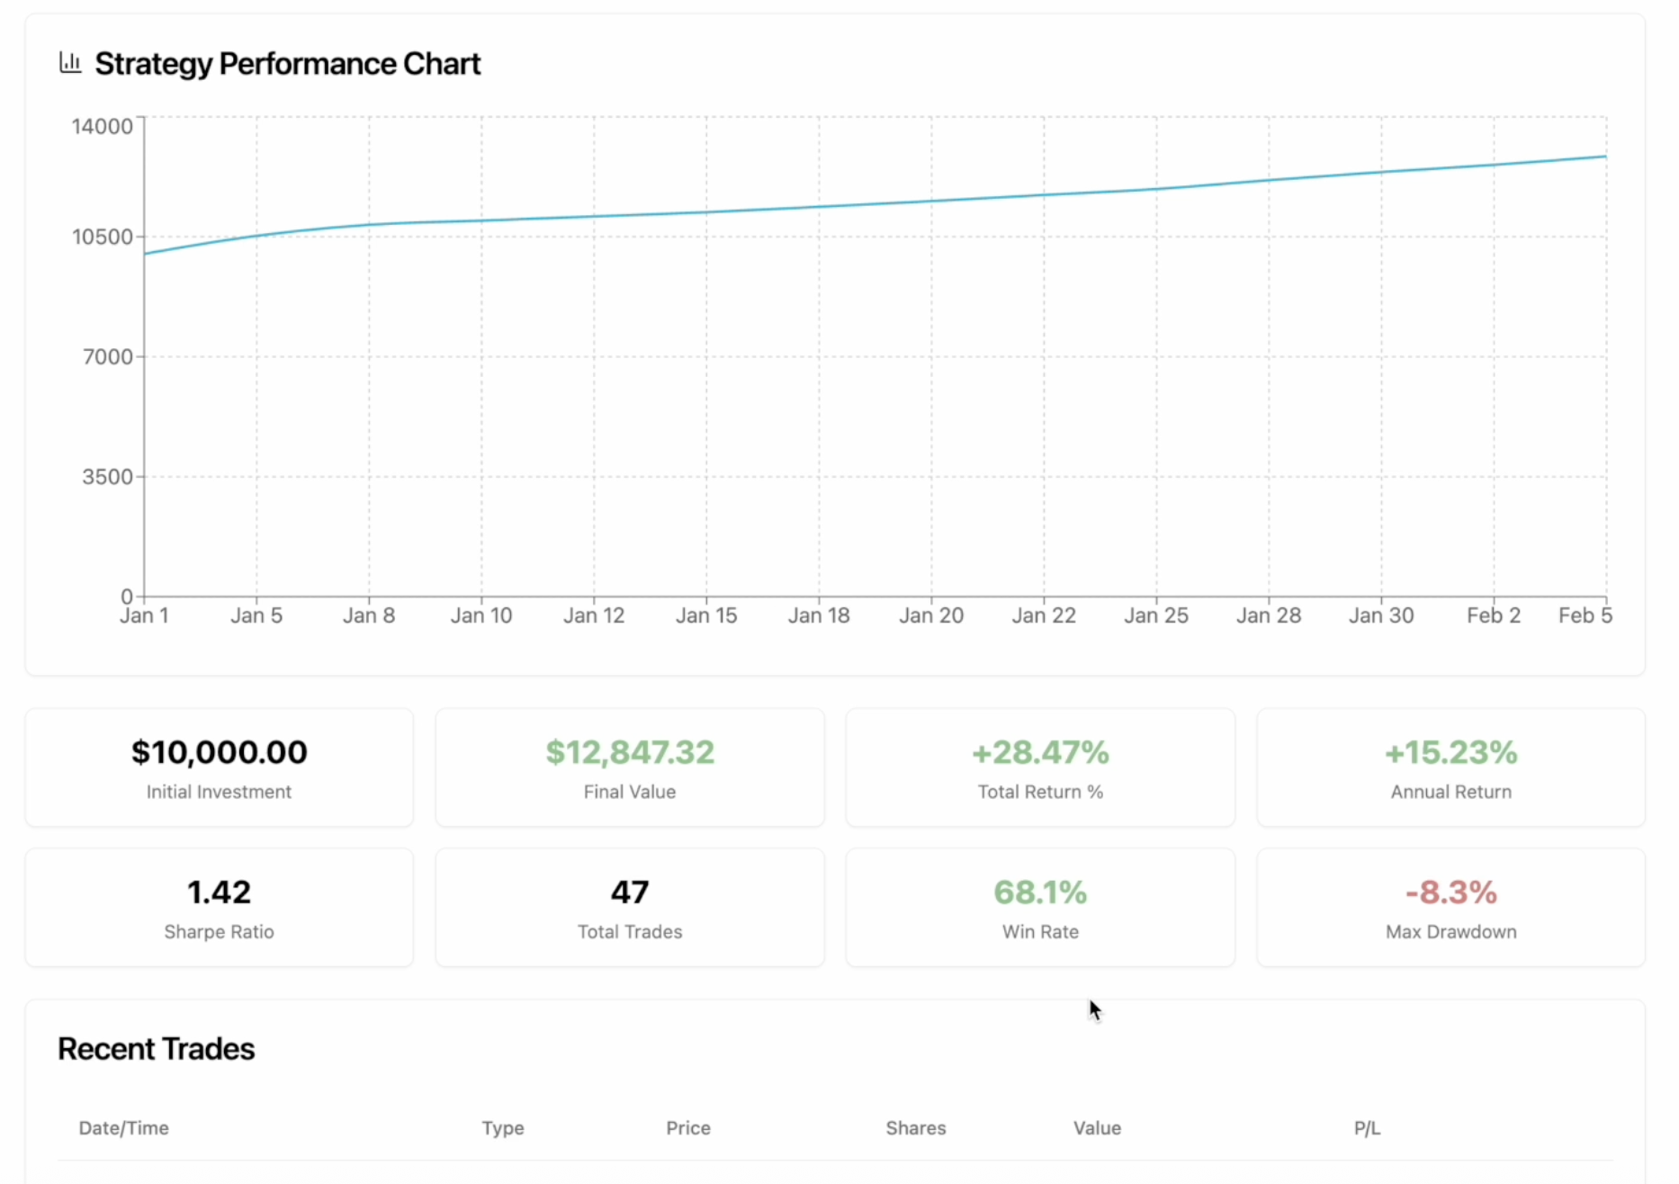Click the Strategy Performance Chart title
coord(287,64)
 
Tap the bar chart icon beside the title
coord(70,62)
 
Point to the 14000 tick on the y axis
coord(102,126)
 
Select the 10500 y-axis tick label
coord(102,237)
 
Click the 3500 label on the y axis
coord(107,477)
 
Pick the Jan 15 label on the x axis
coord(706,615)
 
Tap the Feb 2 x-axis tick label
coord(1493,615)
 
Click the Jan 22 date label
coord(1044,615)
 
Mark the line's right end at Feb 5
coord(1605,157)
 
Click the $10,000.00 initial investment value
coord(219,752)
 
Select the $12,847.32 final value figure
coord(630,752)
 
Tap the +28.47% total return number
coord(1040,752)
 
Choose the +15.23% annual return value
coord(1450,752)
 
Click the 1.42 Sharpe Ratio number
coord(219,892)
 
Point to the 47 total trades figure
coord(630,892)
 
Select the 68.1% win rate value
coord(1040,892)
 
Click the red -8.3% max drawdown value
coord(1450,892)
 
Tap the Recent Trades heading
coord(156,1049)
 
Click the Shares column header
coord(915,1128)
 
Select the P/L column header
coord(1366,1128)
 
